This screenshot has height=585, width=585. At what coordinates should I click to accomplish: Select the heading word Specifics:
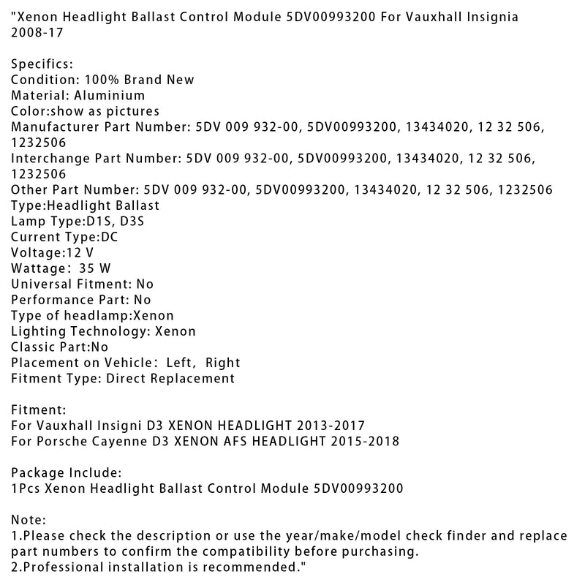pyautogui.click(x=41, y=64)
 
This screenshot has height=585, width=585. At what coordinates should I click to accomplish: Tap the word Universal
pyautogui.click(x=39, y=284)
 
